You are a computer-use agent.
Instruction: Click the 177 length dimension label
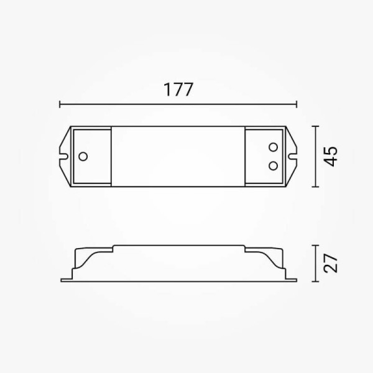click(x=178, y=90)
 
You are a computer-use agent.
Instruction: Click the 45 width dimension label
click(x=331, y=157)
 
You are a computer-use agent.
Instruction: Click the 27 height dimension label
click(x=331, y=263)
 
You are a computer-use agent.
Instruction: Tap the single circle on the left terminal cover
click(x=83, y=157)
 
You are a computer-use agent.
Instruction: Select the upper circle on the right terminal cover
click(x=273, y=147)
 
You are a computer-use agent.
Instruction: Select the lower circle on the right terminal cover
click(x=273, y=166)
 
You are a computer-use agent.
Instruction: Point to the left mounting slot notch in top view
click(x=64, y=157)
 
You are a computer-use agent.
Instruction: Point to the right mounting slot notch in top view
click(x=293, y=157)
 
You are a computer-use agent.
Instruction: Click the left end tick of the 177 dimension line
click(x=60, y=104)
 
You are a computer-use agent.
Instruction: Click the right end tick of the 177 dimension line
click(x=297, y=104)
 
